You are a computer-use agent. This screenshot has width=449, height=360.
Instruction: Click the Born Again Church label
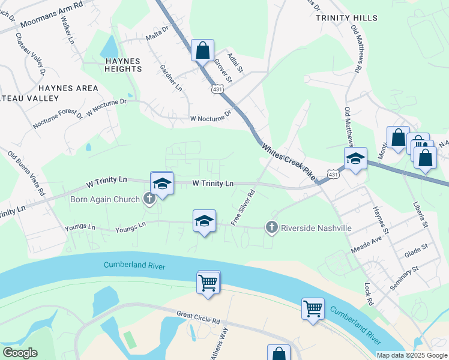tap(106, 199)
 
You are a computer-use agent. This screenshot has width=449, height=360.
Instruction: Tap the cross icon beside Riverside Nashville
tap(271, 227)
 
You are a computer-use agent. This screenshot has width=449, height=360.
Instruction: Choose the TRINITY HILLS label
tap(346, 19)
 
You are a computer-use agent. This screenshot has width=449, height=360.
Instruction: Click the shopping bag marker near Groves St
tap(202, 50)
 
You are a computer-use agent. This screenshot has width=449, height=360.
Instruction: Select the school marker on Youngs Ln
tap(204, 222)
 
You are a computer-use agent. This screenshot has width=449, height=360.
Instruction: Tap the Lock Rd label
tap(369, 294)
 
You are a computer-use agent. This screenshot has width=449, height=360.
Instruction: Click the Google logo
tap(20, 353)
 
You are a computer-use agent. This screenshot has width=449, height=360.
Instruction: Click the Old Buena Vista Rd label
tap(26, 174)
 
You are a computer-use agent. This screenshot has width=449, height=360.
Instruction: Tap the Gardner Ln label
tap(170, 79)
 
